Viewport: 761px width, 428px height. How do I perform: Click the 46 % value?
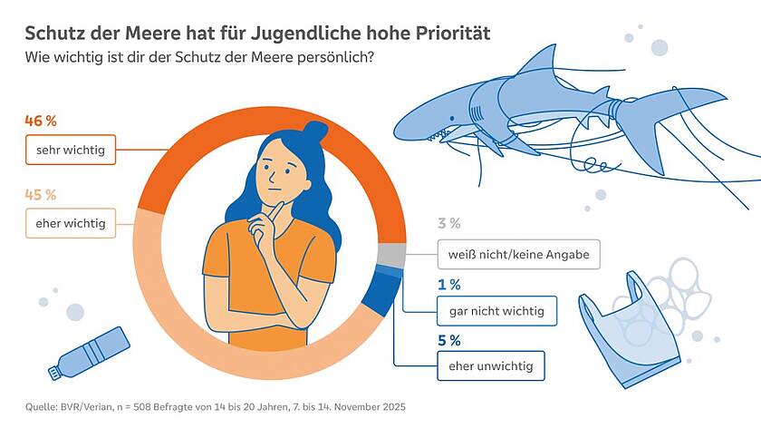41,122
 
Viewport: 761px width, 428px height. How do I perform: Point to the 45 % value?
41,194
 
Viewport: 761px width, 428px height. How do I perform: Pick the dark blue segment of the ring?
378,298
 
